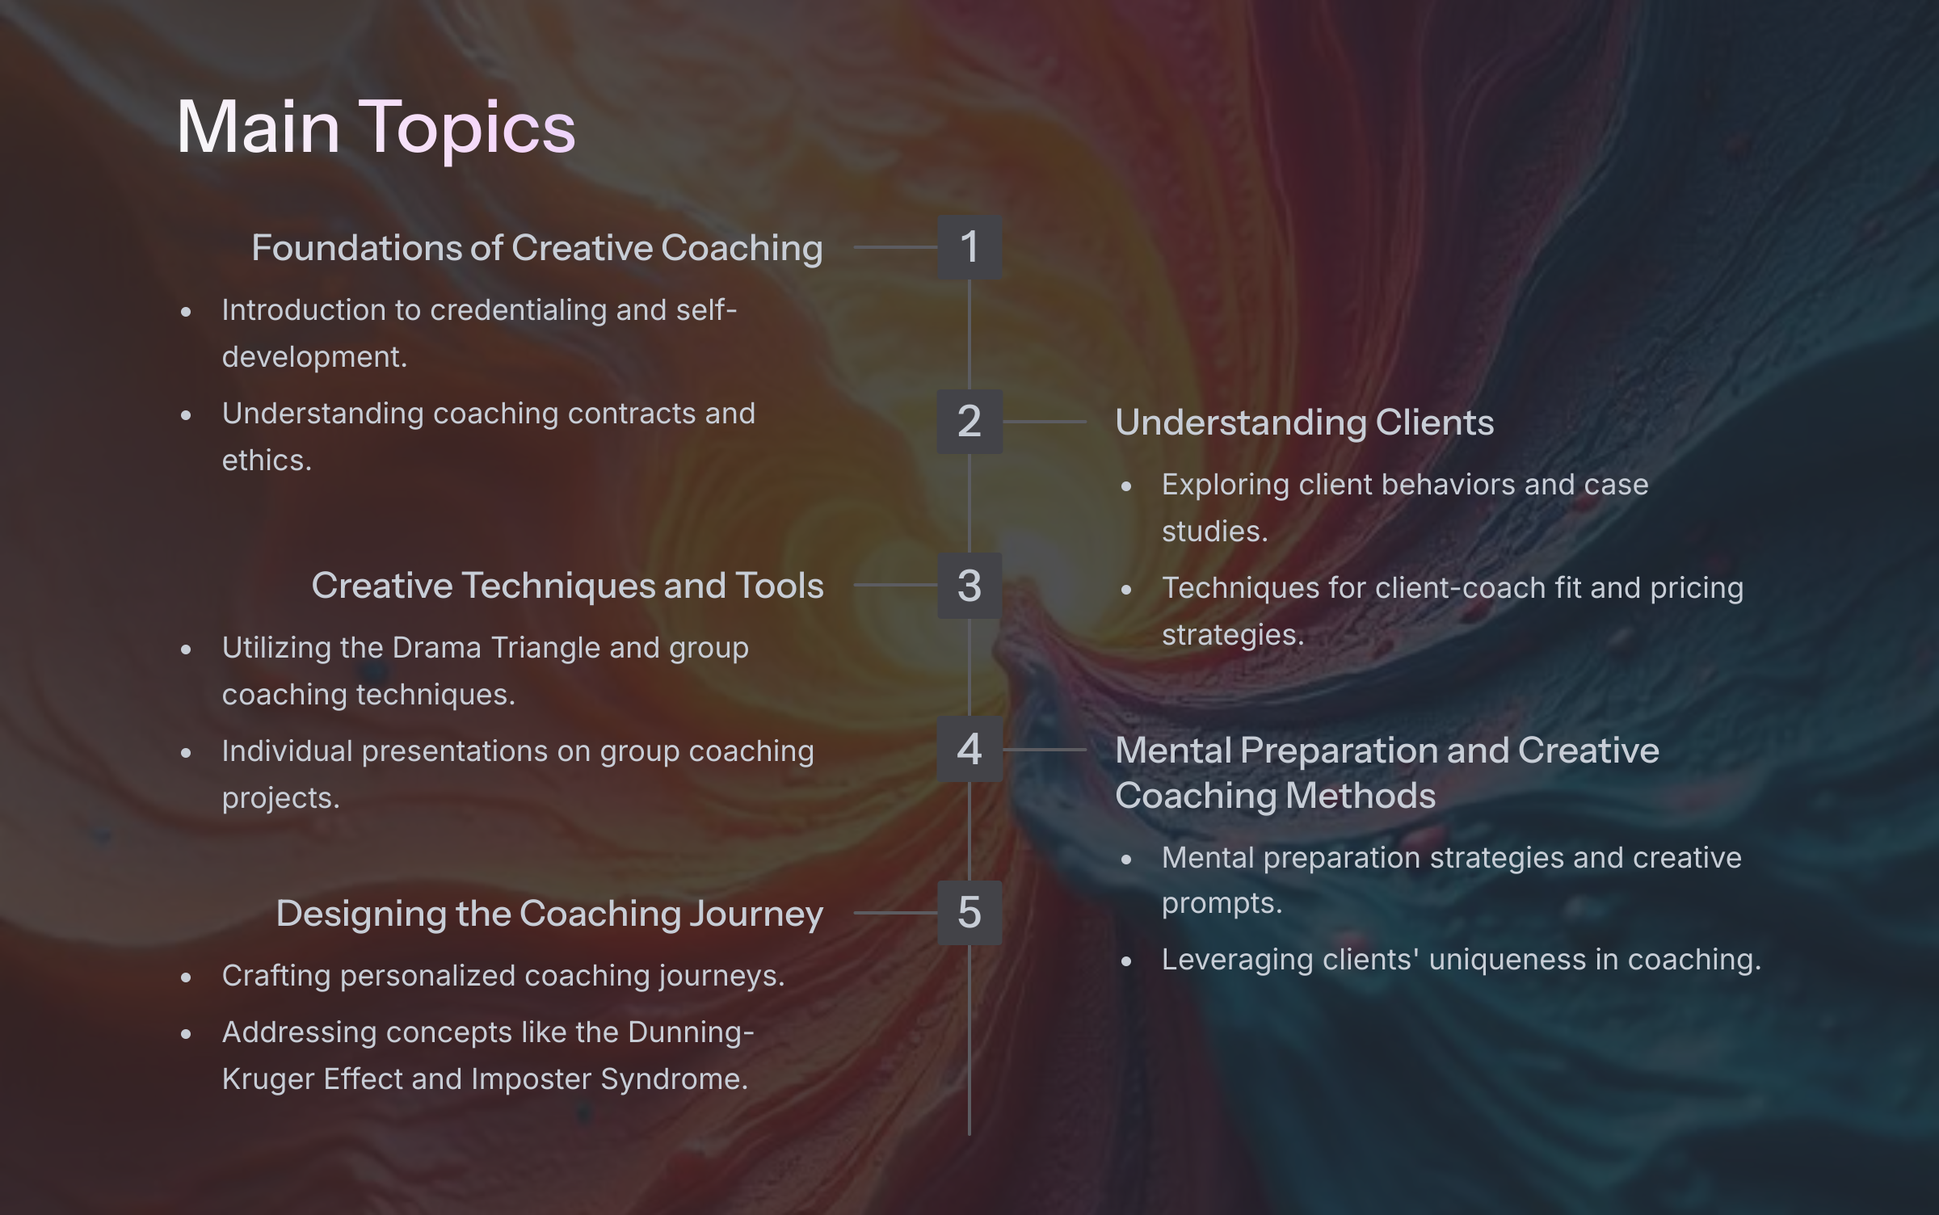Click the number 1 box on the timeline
click(969, 247)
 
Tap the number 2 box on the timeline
click(969, 422)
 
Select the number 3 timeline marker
click(969, 586)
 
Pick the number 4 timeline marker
click(969, 749)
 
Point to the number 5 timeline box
click(969, 913)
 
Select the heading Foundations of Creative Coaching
click(537, 248)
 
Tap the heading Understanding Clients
click(1305, 423)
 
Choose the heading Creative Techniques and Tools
click(568, 586)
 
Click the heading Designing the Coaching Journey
click(549, 914)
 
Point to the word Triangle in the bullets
click(545, 649)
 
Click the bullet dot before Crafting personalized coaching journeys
click(187, 977)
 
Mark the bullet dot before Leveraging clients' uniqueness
click(1127, 961)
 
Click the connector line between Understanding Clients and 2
click(1045, 422)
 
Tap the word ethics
click(267, 460)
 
